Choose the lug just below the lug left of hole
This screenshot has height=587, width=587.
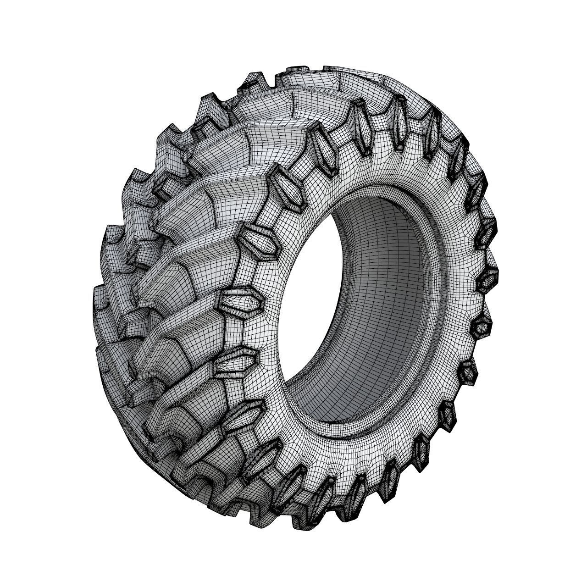(237, 361)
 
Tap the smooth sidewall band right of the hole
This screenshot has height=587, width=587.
(459, 293)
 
